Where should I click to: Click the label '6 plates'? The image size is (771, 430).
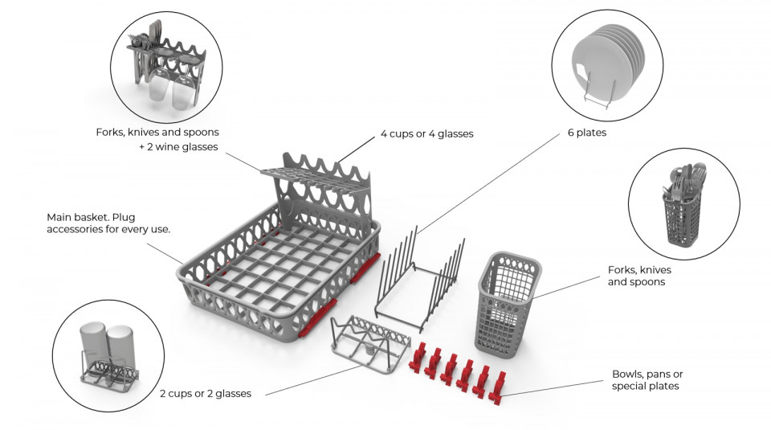(x=584, y=133)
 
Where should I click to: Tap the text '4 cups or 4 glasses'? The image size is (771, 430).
(x=426, y=133)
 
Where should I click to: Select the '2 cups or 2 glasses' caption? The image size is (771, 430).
(x=205, y=393)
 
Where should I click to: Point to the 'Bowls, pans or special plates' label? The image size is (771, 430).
(x=647, y=380)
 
